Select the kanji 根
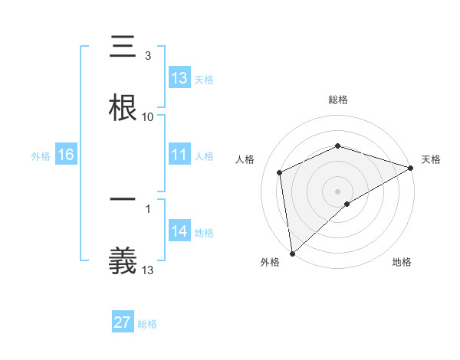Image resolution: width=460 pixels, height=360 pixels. [123, 105]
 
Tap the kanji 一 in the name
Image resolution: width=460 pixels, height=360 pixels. [123, 200]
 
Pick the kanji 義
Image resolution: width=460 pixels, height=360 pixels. [123, 259]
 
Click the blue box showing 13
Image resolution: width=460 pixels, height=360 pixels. [179, 78]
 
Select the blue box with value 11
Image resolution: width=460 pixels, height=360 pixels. [179, 155]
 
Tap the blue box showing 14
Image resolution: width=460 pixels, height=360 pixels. [179, 232]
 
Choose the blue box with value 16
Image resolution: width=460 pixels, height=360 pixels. [66, 155]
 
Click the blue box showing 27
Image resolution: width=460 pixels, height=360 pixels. [123, 322]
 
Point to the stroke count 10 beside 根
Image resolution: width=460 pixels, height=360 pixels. [148, 117]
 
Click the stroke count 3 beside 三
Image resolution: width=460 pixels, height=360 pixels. [148, 56]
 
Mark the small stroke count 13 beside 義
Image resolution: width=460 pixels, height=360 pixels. [148, 270]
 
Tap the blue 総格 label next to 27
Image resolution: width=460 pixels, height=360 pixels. [147, 324]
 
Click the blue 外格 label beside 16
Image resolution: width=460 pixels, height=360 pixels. [41, 156]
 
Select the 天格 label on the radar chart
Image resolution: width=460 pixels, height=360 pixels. [431, 159]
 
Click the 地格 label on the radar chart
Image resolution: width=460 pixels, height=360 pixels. [402, 262]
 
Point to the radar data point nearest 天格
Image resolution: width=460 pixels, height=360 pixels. [411, 167]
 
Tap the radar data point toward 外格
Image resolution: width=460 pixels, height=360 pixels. [292, 254]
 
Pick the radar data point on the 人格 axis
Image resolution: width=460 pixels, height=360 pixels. [280, 172]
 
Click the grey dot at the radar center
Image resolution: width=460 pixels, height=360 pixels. [338, 191]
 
